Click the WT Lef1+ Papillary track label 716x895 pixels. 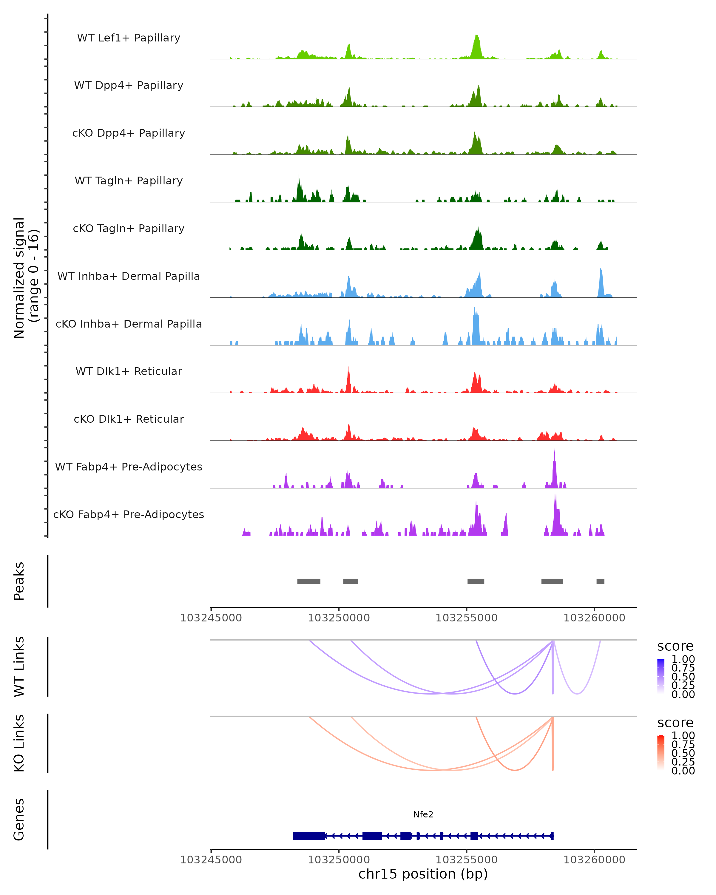[x=129, y=38]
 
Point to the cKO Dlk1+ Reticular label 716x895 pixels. [x=129, y=419]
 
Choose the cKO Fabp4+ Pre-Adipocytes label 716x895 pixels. [x=129, y=514]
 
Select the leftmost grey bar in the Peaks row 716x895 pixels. [x=309, y=581]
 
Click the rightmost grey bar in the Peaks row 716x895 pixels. [x=600, y=581]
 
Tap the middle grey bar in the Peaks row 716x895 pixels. [x=476, y=581]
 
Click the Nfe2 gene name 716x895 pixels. [x=423, y=814]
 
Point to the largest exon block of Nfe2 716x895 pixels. [x=309, y=836]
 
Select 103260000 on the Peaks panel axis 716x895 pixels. [x=594, y=618]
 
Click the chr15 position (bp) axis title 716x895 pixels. [x=423, y=874]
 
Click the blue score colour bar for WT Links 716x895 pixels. [x=661, y=676]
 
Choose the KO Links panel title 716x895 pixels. [x=19, y=743]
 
